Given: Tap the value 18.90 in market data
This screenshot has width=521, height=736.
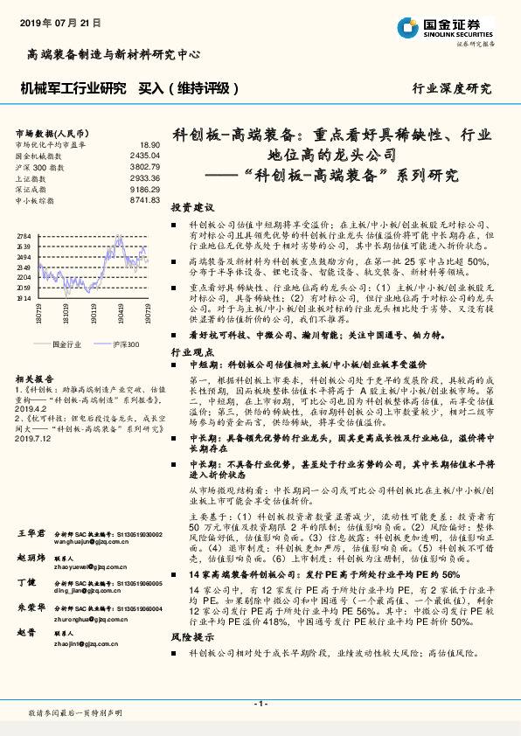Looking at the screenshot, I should point(149,144).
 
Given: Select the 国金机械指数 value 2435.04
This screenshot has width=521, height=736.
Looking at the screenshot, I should point(144,156).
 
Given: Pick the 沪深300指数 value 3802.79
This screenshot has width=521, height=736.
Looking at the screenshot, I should point(144,166).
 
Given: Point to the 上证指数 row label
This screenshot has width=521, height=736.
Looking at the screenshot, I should point(34,177).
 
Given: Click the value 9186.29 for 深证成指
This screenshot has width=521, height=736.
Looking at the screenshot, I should point(144,189).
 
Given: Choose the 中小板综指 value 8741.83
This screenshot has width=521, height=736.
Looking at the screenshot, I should point(144,200).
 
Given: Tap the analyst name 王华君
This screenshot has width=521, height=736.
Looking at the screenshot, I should point(31,532).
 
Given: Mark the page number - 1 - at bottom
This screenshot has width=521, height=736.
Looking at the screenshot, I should point(260,703).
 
